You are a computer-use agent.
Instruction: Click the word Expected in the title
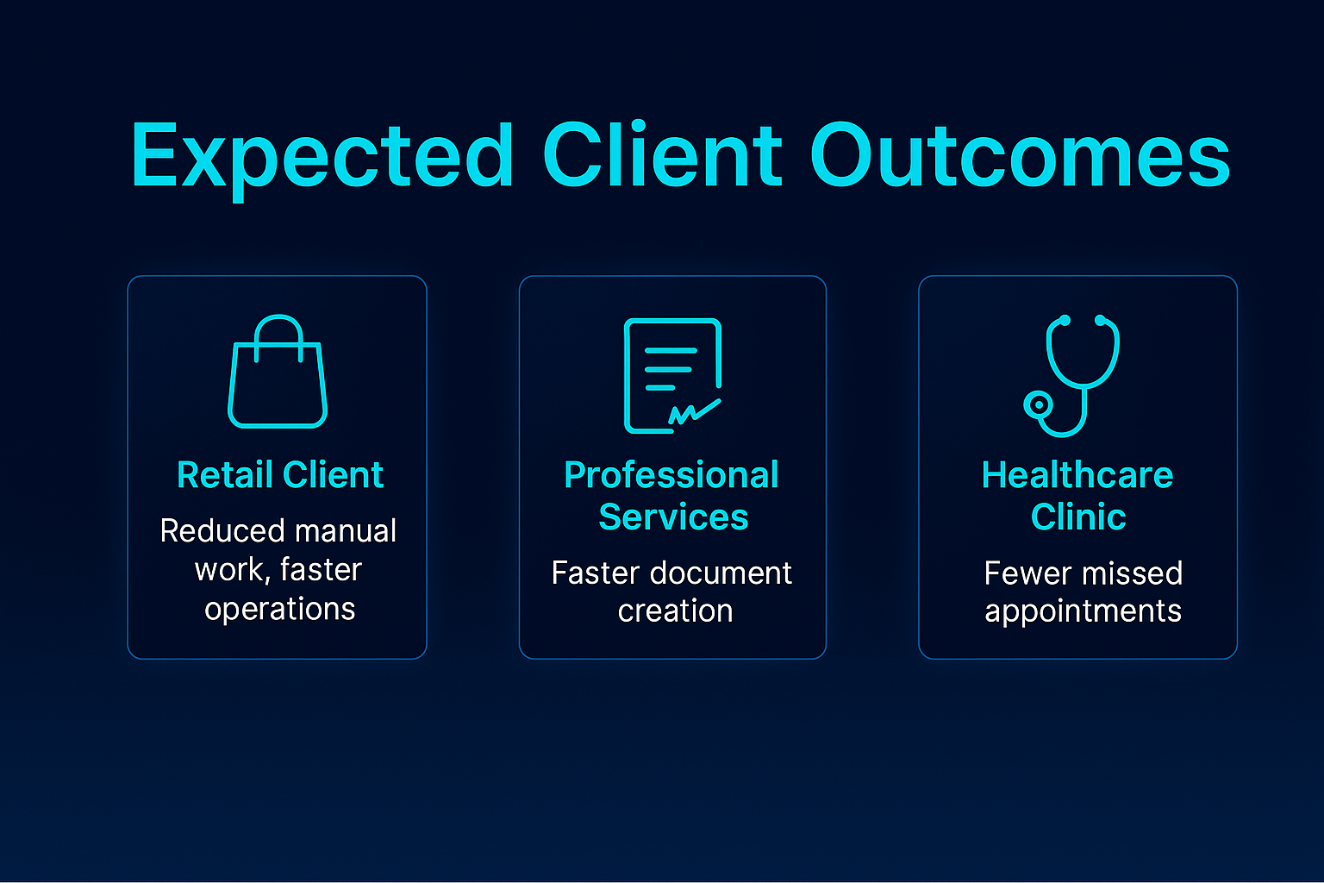pyautogui.click(x=322, y=157)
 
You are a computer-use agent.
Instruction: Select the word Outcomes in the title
pyautogui.click(x=1020, y=157)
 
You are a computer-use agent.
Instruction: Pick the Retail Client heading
pyautogui.click(x=280, y=475)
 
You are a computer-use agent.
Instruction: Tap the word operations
pyautogui.click(x=280, y=609)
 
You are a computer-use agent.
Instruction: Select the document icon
pyautogui.click(x=672, y=375)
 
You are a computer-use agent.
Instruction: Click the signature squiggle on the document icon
pyautogui.click(x=694, y=412)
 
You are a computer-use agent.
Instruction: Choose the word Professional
pyautogui.click(x=671, y=475)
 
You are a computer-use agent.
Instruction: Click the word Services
pyautogui.click(x=673, y=517)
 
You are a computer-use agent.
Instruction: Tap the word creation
pyautogui.click(x=675, y=611)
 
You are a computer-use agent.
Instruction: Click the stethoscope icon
pyautogui.click(x=1073, y=375)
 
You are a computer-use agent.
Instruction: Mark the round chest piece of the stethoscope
pyautogui.click(x=1039, y=404)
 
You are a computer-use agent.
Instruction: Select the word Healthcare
pyautogui.click(x=1077, y=475)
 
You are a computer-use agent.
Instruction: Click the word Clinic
pyautogui.click(x=1078, y=517)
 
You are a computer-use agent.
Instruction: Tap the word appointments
pyautogui.click(x=1083, y=611)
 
